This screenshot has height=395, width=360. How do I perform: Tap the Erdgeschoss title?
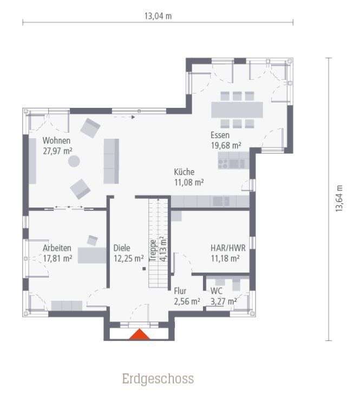click(158, 378)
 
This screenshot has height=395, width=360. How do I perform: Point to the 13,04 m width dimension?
click(158, 16)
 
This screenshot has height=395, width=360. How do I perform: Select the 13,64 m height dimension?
click(339, 199)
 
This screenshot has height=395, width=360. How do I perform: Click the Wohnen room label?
click(57, 140)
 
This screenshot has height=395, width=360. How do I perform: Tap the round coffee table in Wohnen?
click(73, 161)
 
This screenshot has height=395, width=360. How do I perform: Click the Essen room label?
click(220, 135)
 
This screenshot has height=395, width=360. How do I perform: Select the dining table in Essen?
click(237, 110)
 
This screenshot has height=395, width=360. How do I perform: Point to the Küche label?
click(184, 172)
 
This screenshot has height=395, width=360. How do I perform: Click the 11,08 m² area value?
click(188, 182)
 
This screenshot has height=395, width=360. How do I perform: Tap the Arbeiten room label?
click(57, 248)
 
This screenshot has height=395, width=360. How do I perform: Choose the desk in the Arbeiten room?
click(92, 255)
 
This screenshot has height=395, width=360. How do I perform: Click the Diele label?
click(122, 248)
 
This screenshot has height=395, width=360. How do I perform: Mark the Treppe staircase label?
click(153, 250)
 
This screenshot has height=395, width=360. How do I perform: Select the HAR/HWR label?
click(225, 248)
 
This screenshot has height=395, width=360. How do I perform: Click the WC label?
click(217, 291)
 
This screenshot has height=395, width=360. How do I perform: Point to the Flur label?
click(180, 291)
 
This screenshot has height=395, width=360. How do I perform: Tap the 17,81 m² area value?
click(58, 258)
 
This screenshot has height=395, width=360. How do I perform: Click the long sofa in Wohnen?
click(111, 160)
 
